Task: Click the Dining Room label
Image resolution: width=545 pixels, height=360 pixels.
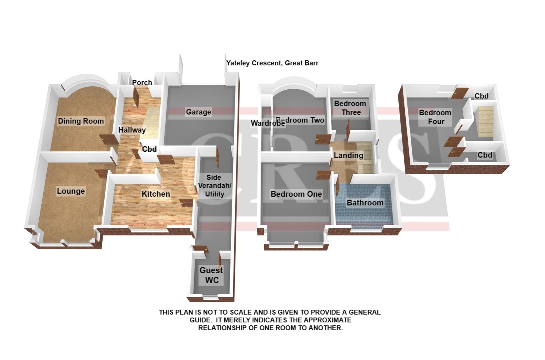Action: click(81, 121)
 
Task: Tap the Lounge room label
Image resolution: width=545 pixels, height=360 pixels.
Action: click(71, 191)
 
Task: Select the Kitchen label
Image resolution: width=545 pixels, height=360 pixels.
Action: click(156, 194)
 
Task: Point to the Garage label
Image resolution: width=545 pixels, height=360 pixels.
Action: click(199, 112)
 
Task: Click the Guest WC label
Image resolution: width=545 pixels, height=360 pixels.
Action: click(211, 275)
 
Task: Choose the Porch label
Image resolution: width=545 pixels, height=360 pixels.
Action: click(142, 82)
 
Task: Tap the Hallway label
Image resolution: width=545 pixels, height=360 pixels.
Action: click(132, 130)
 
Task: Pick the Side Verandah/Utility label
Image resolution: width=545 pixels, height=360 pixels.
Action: click(214, 186)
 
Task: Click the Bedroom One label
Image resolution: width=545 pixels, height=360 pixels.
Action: click(296, 194)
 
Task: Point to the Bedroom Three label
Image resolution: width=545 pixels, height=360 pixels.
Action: click(350, 108)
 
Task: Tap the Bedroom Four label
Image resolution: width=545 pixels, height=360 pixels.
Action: click(435, 117)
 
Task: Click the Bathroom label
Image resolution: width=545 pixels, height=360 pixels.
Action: click(365, 203)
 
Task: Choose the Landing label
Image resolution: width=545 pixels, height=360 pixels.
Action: click(348, 155)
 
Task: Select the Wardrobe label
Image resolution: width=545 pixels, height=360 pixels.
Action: click(268, 123)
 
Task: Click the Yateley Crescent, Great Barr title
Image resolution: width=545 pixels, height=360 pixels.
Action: click(272, 63)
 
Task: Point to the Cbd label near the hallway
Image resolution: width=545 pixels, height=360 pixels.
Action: click(149, 149)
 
